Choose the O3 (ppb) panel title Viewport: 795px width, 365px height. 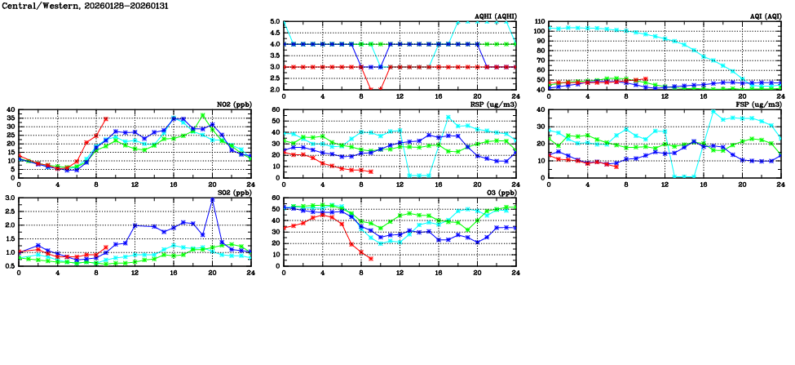click(x=500, y=194)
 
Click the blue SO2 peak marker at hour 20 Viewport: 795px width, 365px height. click(x=212, y=200)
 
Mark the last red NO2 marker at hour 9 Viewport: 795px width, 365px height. click(x=106, y=119)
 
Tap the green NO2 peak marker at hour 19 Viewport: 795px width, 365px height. click(x=203, y=116)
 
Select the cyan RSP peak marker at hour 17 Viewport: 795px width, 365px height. click(x=448, y=117)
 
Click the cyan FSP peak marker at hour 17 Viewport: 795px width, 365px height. click(x=713, y=112)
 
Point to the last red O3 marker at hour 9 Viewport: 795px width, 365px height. click(x=370, y=259)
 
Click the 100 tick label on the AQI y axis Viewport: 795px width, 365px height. click(x=540, y=31)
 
